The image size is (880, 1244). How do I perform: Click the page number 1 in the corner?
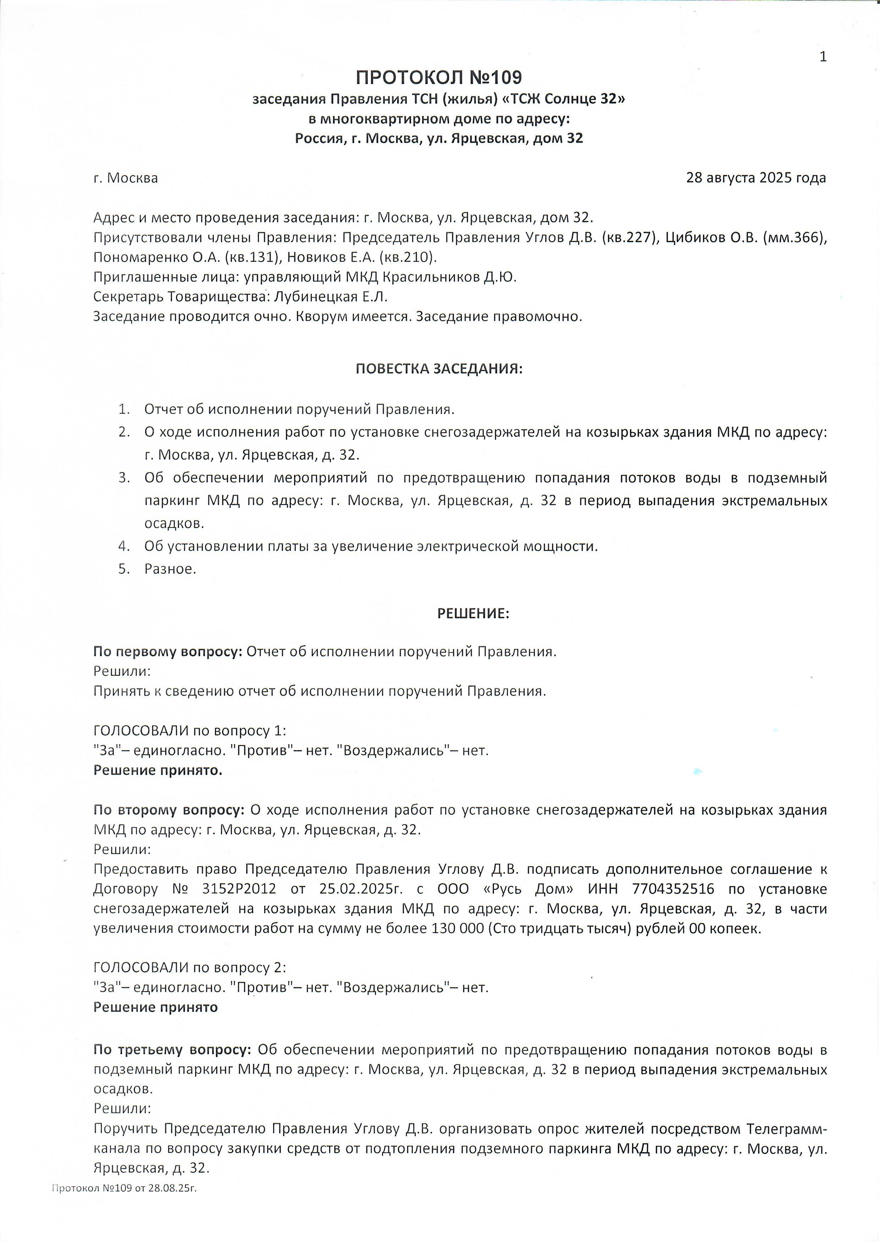coord(823,57)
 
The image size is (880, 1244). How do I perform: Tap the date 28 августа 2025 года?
coord(756,178)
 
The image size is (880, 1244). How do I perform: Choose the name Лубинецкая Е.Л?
coord(331,297)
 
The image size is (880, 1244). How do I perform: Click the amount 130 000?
coord(457,928)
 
